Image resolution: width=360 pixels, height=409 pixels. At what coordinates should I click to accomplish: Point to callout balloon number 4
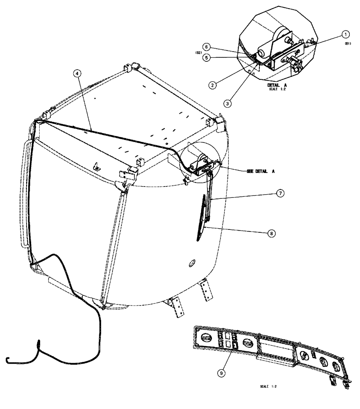(x=76, y=74)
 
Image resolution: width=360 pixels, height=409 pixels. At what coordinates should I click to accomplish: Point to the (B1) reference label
(x=348, y=43)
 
